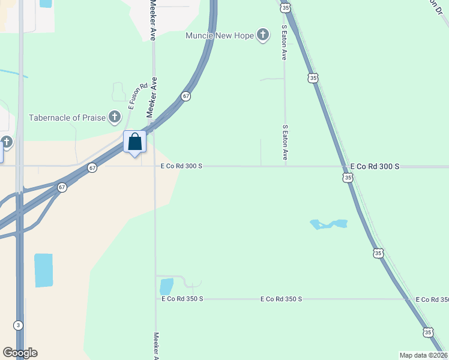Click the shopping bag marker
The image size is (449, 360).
pyautogui.click(x=135, y=142)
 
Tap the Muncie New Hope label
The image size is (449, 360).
pyautogui.click(x=219, y=35)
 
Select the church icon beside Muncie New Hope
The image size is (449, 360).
pyautogui.click(x=262, y=35)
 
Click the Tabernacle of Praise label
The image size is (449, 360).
pyautogui.click(x=67, y=118)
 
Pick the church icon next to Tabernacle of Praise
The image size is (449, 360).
pyautogui.click(x=115, y=118)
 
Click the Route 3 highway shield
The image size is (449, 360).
pyautogui.click(x=19, y=325)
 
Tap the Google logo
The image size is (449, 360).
pyautogui.click(x=20, y=353)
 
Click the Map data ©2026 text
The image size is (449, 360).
pyautogui.click(x=423, y=355)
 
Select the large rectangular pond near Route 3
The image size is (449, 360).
pyautogui.click(x=43, y=270)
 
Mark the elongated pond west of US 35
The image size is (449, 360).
pyautogui.click(x=328, y=224)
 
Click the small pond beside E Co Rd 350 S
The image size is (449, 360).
pyautogui.click(x=166, y=286)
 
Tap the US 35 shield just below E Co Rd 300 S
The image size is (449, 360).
pyautogui.click(x=348, y=178)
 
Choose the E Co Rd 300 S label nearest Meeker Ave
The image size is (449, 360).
pyautogui.click(x=182, y=166)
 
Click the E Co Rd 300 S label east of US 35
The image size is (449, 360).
pyautogui.click(x=375, y=166)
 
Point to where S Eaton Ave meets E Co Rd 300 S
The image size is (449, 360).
pyautogui.click(x=285, y=166)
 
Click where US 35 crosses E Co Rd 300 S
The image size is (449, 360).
pyautogui.click(x=343, y=166)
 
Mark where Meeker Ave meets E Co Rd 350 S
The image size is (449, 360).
pyautogui.click(x=155, y=298)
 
